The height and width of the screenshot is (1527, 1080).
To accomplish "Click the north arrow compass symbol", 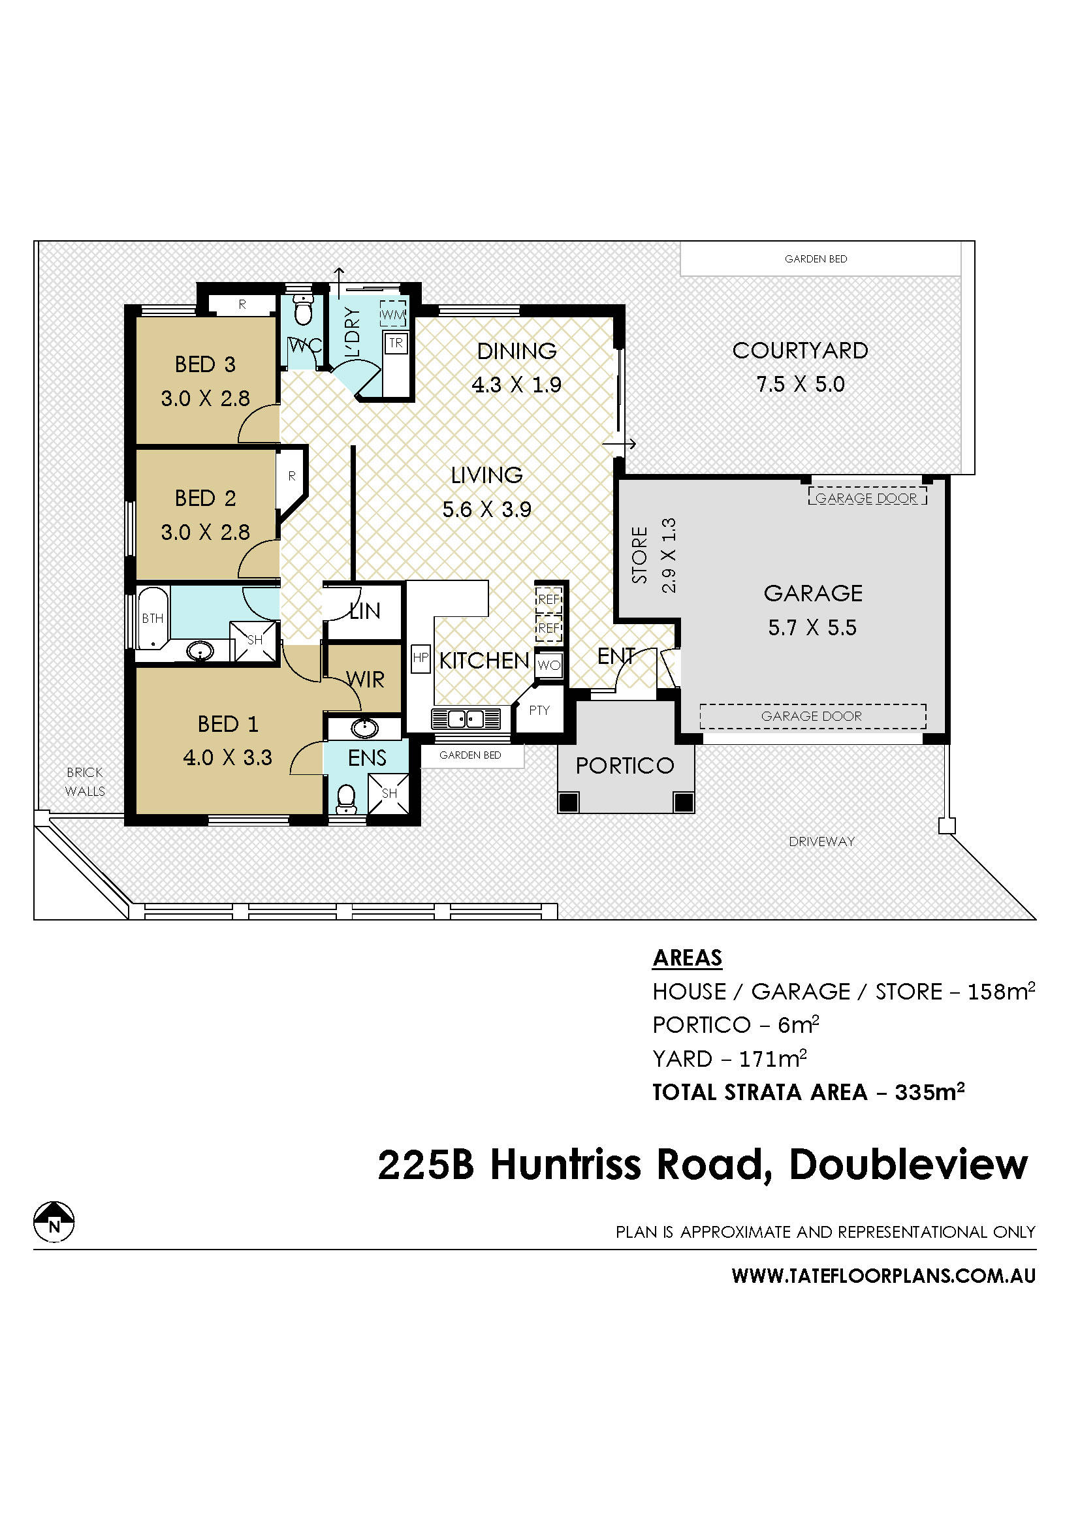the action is [x=54, y=1222].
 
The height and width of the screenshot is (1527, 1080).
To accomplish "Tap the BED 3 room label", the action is [x=206, y=364].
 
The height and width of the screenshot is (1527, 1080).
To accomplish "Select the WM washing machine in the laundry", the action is [x=393, y=315].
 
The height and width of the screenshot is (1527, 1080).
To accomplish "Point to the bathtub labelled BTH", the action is [x=153, y=618].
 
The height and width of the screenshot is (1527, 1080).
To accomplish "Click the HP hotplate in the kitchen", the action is [x=421, y=659].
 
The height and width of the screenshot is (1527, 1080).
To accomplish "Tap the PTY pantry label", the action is [x=539, y=710].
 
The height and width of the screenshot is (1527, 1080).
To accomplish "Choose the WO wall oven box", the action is [x=549, y=665].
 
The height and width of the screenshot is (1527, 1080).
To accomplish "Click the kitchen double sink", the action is [x=466, y=719].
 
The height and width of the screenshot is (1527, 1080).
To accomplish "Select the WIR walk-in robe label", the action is [x=365, y=680].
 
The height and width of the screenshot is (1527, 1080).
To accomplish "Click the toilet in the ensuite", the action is [x=346, y=800].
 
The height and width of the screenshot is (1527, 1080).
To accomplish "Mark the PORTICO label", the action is [x=625, y=766].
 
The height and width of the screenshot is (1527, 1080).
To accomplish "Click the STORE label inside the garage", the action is [x=640, y=556].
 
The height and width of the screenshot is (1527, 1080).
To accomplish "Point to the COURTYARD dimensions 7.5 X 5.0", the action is [x=801, y=385].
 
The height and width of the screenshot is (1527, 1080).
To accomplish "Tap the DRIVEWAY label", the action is [x=822, y=842].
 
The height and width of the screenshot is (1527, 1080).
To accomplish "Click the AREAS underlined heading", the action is [x=688, y=958].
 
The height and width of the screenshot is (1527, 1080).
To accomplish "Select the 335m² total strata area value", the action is [x=930, y=1092].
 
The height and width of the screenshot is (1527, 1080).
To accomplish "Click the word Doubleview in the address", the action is [x=909, y=1165].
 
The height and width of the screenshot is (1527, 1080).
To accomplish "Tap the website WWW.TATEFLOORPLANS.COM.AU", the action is [x=884, y=1276].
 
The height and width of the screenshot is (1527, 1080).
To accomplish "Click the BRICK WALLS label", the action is [x=85, y=782].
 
